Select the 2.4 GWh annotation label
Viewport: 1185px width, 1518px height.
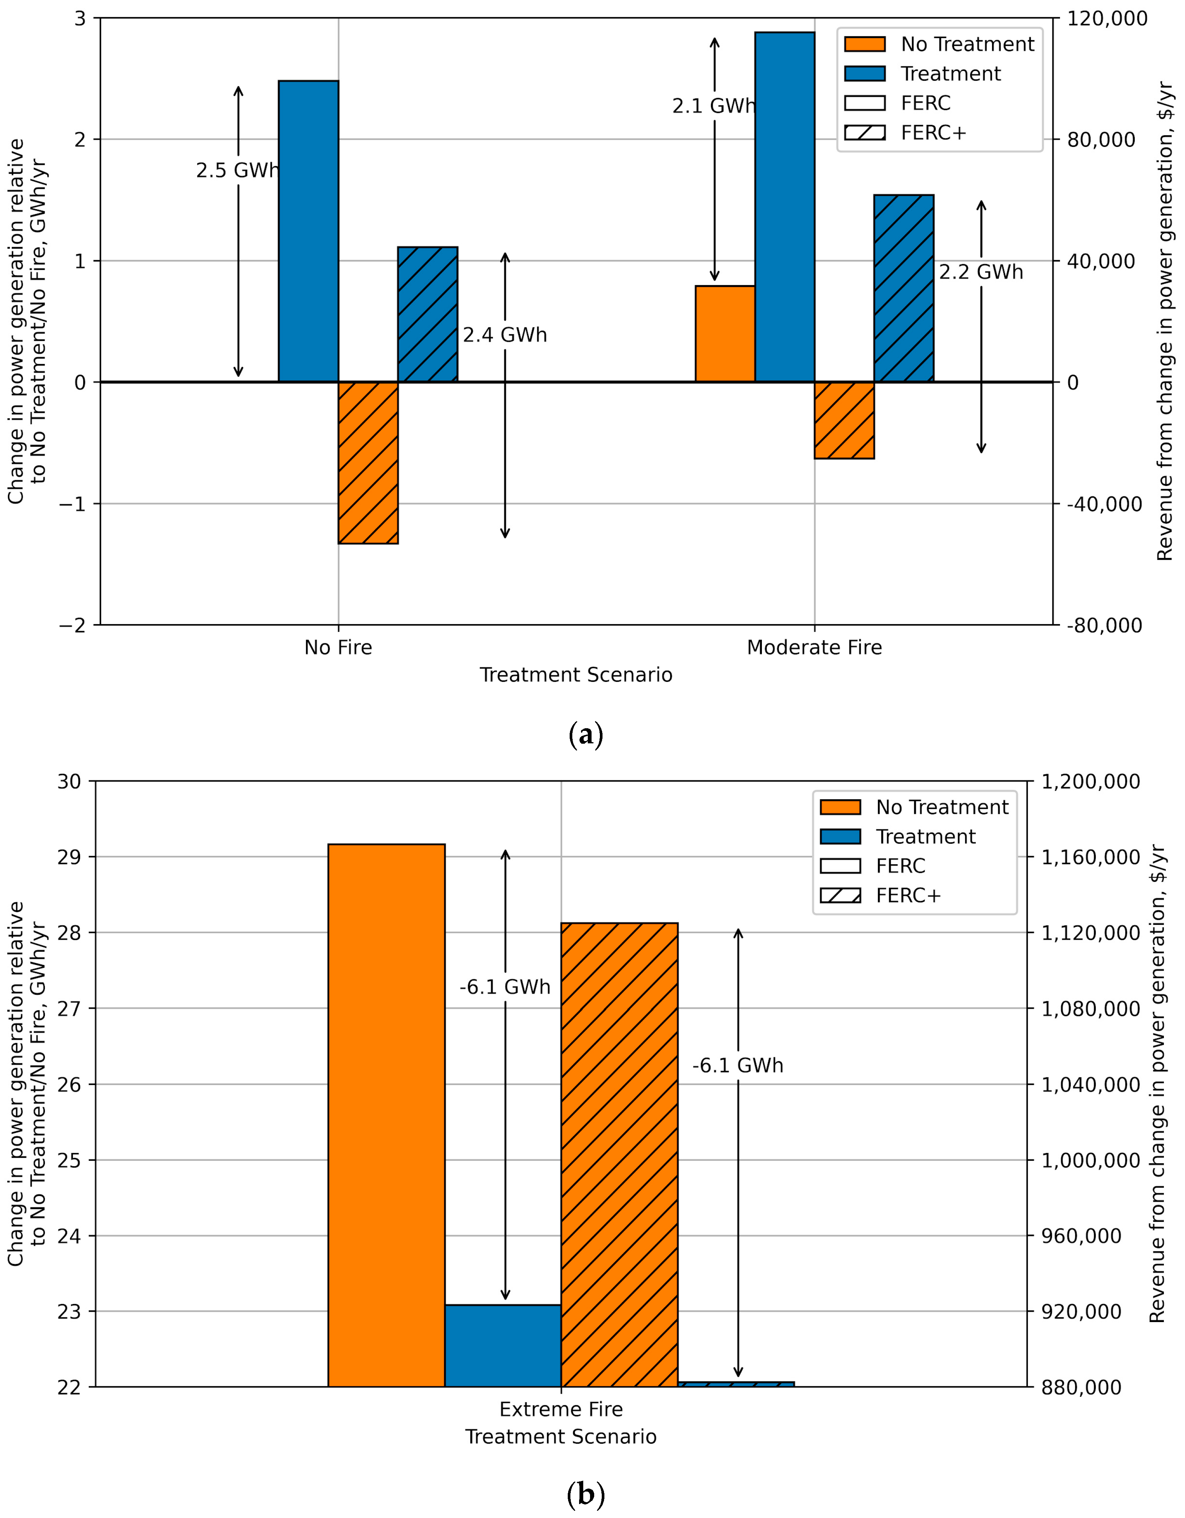click(505, 335)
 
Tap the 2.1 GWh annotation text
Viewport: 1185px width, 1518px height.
click(714, 106)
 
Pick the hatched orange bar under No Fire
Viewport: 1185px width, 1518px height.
click(368, 462)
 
